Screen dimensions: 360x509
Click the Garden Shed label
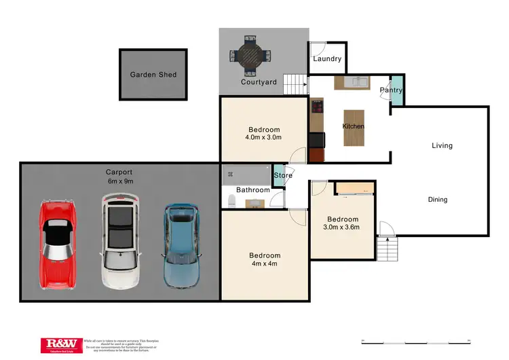(x=153, y=75)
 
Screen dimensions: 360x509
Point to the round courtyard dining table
(x=249, y=54)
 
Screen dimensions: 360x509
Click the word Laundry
(x=327, y=59)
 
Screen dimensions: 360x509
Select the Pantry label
(x=391, y=90)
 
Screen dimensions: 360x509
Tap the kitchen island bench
(x=354, y=127)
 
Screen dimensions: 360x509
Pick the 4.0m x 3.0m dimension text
(x=264, y=138)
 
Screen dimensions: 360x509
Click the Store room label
(x=283, y=176)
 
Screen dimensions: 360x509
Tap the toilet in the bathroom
(x=232, y=200)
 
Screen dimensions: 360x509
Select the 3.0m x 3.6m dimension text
(x=343, y=228)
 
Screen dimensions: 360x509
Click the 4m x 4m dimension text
(x=264, y=264)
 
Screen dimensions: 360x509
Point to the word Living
(x=442, y=145)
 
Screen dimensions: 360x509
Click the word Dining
(x=438, y=200)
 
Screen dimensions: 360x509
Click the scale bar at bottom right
(x=415, y=340)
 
